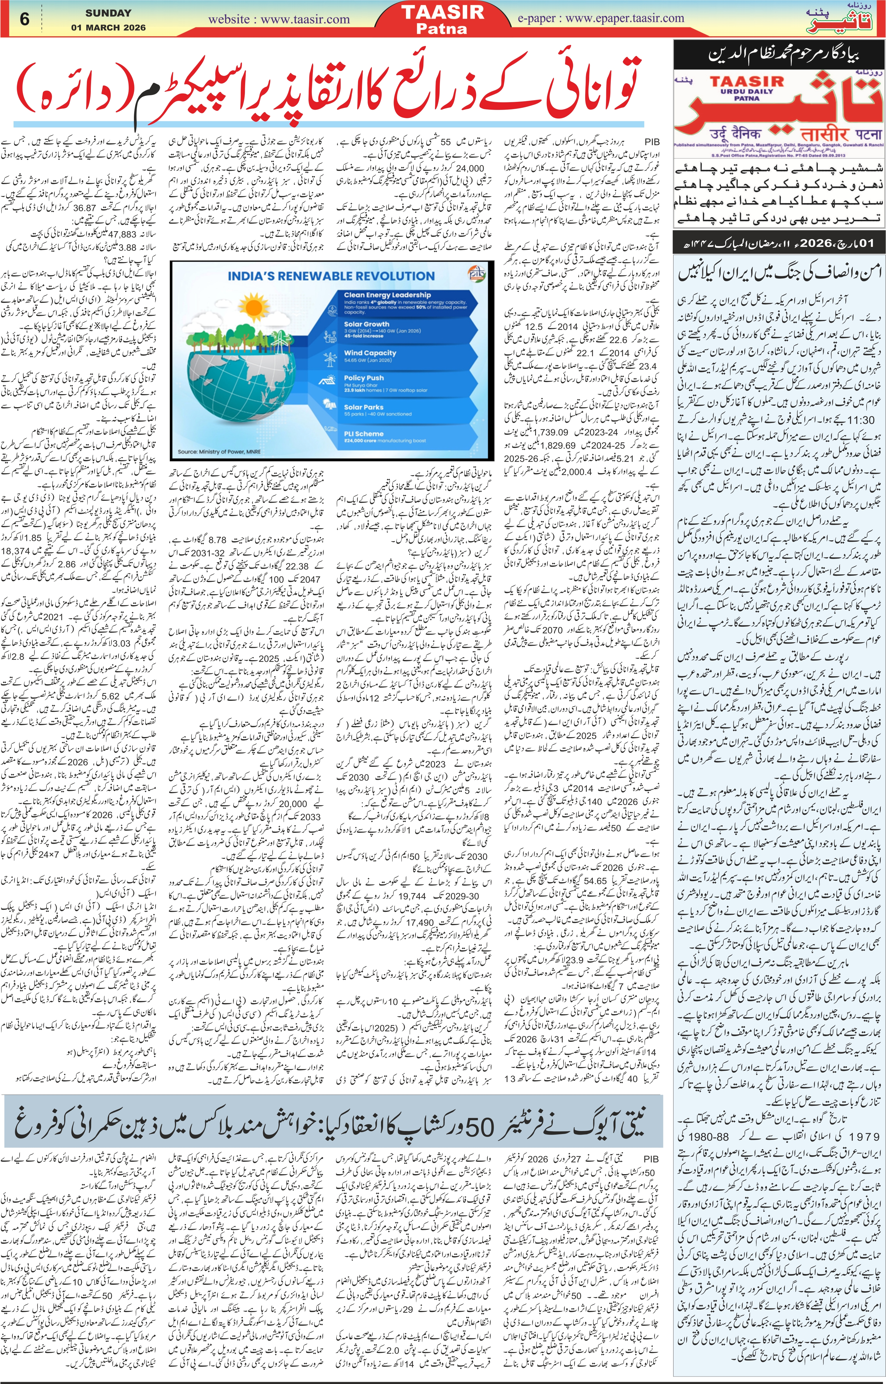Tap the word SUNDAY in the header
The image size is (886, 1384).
(108, 13)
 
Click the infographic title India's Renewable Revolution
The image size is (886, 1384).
(331, 276)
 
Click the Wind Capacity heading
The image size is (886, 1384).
(370, 353)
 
